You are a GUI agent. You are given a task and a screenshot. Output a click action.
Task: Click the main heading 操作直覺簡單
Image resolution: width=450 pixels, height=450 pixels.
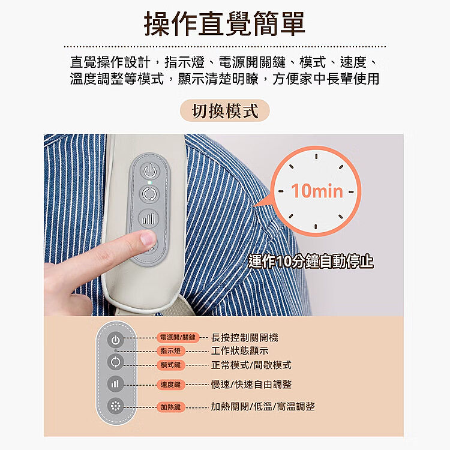pyautogui.click(x=224, y=23)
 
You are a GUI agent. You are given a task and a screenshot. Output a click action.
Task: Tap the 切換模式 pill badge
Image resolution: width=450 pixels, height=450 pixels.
pyautogui.click(x=225, y=110)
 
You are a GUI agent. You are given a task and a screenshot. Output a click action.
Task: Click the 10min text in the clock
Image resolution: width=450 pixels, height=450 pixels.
pyautogui.click(x=317, y=191)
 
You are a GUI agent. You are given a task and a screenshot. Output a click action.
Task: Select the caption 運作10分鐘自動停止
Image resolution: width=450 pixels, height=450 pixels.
pyautogui.click(x=311, y=262)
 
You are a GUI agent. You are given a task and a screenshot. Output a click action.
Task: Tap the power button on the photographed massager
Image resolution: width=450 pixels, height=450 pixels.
pyautogui.click(x=150, y=172)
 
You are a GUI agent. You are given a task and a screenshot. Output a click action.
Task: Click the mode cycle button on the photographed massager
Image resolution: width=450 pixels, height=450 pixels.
pyautogui.click(x=149, y=194)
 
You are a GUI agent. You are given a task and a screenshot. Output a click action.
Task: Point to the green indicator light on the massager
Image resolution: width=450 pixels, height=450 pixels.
pyautogui.click(x=149, y=182)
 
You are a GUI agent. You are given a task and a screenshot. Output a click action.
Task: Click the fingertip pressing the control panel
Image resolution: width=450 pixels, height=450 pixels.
pyautogui.click(x=148, y=238)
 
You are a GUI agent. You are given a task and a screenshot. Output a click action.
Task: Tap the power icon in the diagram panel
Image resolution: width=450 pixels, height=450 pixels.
pyautogui.click(x=116, y=340)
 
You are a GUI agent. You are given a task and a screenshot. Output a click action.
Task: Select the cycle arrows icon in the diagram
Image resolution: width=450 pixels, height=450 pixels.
pyautogui.click(x=116, y=362)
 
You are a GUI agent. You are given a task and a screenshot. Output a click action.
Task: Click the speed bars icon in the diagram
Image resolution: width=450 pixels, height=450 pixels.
pyautogui.click(x=115, y=384)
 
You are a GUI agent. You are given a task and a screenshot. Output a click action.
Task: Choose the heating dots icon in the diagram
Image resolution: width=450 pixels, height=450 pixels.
pyautogui.click(x=115, y=406)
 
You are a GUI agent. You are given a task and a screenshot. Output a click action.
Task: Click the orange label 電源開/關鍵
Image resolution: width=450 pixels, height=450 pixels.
pyautogui.click(x=178, y=337)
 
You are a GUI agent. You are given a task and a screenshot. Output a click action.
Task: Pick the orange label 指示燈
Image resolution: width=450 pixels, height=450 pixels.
pyautogui.click(x=171, y=351)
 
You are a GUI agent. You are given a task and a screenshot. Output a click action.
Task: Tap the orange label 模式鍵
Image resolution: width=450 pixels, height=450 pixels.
pyautogui.click(x=171, y=365)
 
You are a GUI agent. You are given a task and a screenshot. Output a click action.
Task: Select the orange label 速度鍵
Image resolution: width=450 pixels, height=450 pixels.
pyautogui.click(x=171, y=385)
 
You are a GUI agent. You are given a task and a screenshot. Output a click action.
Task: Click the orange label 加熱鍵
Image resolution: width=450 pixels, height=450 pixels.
pyautogui.click(x=171, y=407)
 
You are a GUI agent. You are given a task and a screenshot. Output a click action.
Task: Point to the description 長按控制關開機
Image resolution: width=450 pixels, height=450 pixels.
pyautogui.click(x=245, y=337)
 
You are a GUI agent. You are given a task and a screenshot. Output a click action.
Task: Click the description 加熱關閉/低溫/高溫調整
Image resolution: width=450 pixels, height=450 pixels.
pyautogui.click(x=263, y=406)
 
